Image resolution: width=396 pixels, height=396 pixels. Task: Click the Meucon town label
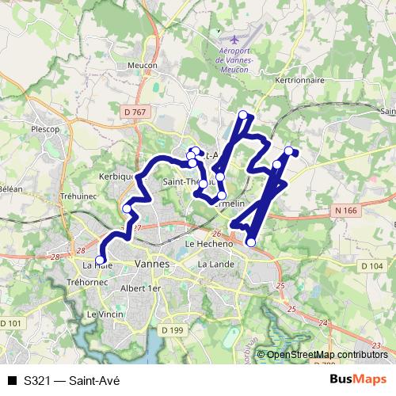(143, 66)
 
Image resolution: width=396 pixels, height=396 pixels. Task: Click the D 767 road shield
(135, 113)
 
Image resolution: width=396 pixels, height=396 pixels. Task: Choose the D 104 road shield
(372, 266)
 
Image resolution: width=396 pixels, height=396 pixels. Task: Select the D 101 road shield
(11, 323)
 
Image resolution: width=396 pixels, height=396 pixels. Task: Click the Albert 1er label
(139, 289)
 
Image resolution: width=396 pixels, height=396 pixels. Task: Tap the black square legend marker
(12, 381)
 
